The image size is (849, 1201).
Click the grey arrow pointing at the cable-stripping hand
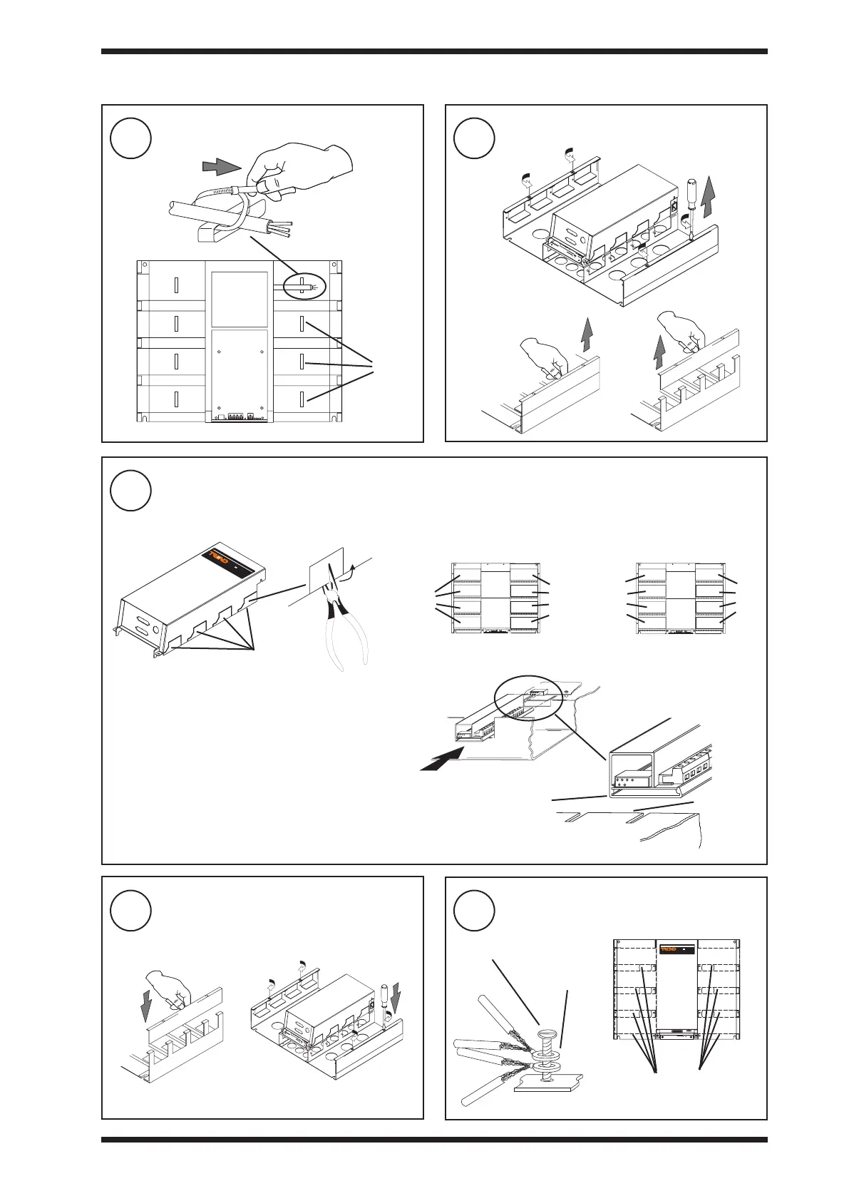pos(222,167)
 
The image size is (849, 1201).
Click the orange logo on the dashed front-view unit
pos(669,949)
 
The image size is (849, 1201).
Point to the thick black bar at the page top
pos(434,51)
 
